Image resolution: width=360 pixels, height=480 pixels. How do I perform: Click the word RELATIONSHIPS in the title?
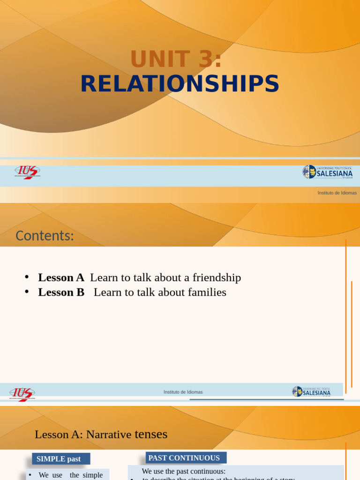coord(180,84)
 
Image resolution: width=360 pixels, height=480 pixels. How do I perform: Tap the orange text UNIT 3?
coord(176,60)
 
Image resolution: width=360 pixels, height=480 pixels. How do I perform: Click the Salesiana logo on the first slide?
coord(327,172)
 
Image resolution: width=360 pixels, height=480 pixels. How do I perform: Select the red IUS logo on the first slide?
coord(27,172)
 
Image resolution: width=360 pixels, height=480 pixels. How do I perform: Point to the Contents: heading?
coord(45,236)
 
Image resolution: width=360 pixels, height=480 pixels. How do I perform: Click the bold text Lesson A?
coord(61,277)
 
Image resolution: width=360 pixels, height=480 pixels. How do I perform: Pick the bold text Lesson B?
coord(61,292)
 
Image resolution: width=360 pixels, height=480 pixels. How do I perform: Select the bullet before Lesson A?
coord(27,277)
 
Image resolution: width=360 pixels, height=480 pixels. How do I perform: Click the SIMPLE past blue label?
coord(59,459)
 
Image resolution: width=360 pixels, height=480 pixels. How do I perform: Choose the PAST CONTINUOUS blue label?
coord(184,458)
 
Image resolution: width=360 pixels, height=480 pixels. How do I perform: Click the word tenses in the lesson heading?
coord(151,435)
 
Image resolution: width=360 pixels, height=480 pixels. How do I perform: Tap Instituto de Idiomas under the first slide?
coord(337,193)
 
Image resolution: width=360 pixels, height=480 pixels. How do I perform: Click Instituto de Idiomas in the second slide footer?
coord(183,392)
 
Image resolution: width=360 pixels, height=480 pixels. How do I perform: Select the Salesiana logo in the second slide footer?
coord(311,392)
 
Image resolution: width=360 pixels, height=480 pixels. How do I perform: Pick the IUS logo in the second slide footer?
coord(22,393)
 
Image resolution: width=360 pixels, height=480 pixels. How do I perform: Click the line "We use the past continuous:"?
coord(183,471)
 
